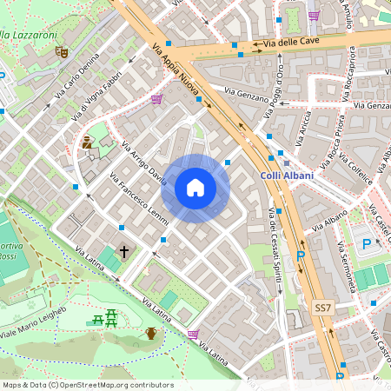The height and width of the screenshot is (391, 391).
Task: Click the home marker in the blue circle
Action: pos(195,188)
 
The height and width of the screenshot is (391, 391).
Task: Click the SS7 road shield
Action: pos(322,308)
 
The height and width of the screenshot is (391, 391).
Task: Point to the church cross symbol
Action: pos(124,252)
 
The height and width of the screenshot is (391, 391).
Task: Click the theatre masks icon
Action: pos(62,52)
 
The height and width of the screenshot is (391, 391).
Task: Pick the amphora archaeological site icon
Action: pos(151,333)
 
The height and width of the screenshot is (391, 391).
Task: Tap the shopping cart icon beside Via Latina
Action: pos(193,334)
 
